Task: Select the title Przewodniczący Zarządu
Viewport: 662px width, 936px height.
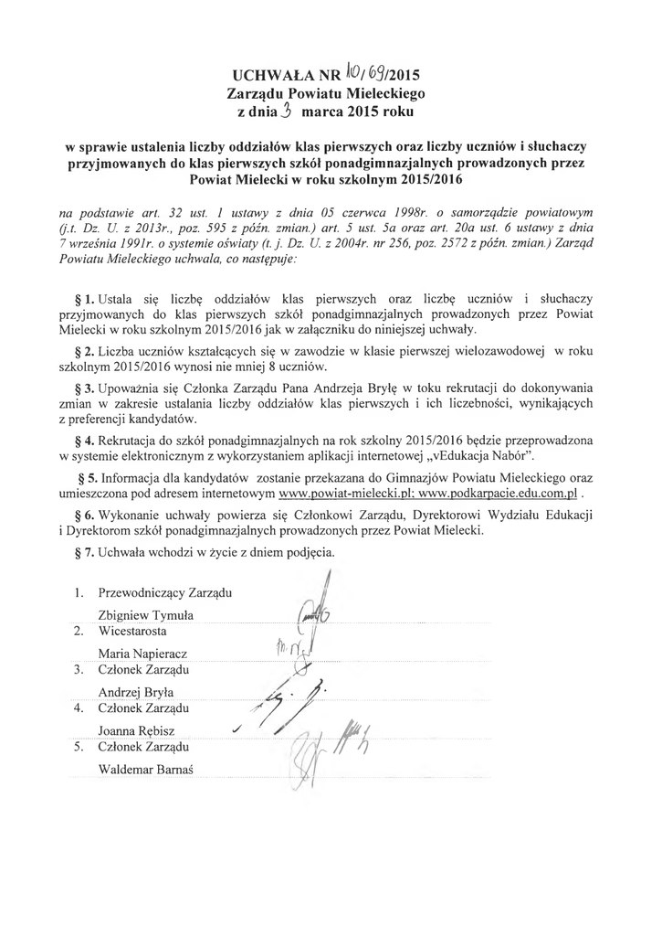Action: point(165,593)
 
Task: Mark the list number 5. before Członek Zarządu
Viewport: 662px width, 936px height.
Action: point(79,747)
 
